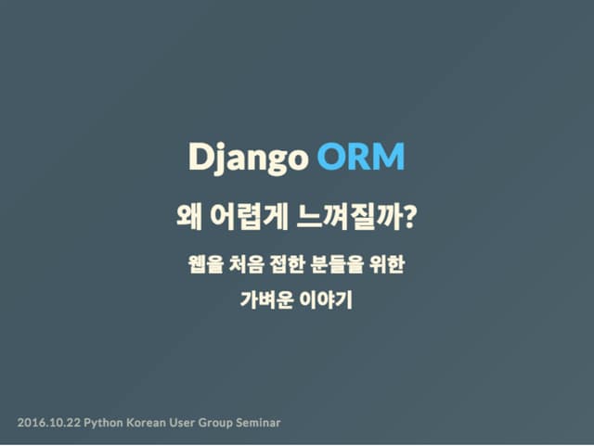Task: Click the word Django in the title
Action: [x=247, y=159]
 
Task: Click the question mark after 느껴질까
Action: [x=409, y=220]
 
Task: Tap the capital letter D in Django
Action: [x=198, y=157]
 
